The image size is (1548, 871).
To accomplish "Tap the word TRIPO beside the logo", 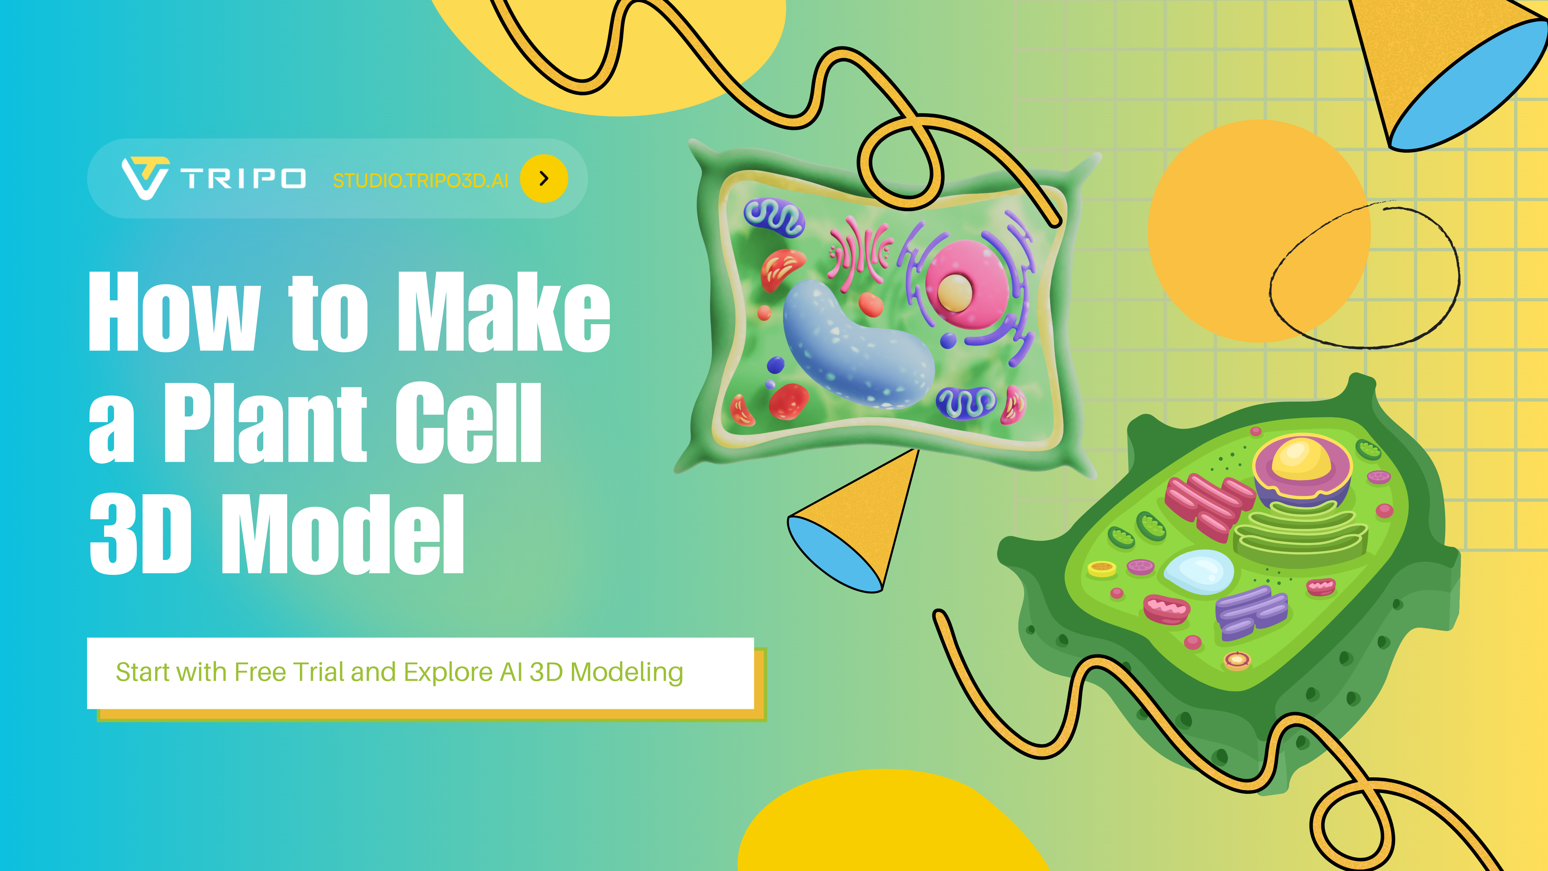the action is click(x=243, y=179).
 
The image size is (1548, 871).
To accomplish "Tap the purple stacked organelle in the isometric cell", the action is click(x=1251, y=612).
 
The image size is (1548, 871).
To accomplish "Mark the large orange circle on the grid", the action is click(x=1259, y=232).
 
